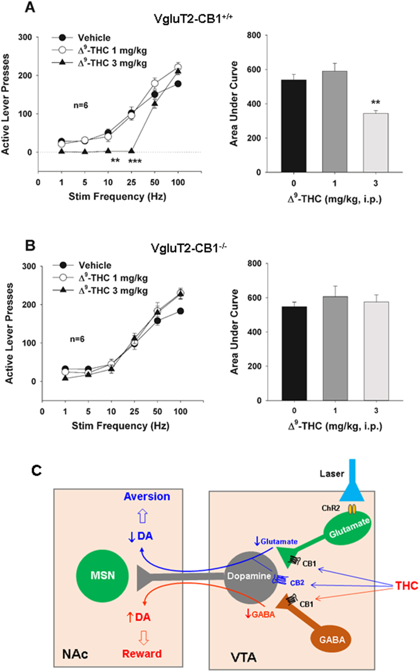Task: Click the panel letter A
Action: pyautogui.click(x=13, y=8)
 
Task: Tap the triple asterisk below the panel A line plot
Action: pyautogui.click(x=135, y=160)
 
